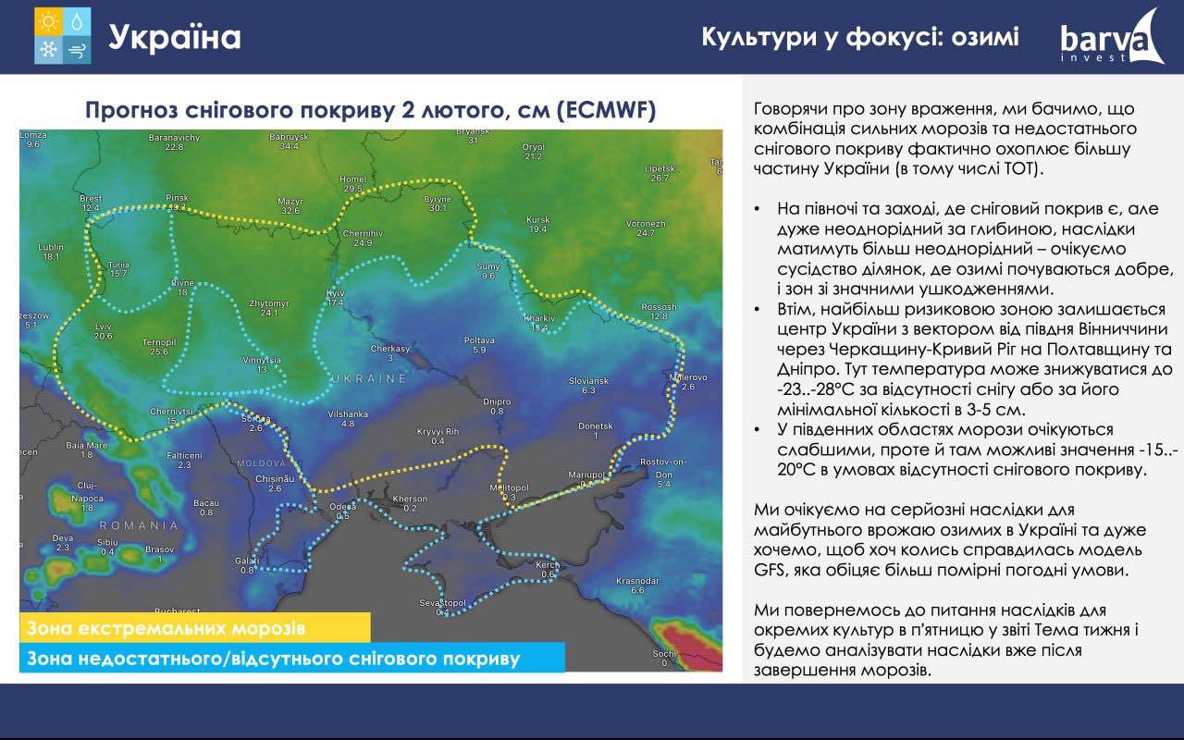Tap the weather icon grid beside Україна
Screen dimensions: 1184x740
[x=62, y=36]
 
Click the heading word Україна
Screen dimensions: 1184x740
[x=175, y=38]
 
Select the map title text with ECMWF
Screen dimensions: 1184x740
[x=371, y=110]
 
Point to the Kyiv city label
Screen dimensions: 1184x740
[x=336, y=293]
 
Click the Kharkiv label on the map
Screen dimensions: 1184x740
[x=539, y=318]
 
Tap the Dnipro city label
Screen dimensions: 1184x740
[x=497, y=401]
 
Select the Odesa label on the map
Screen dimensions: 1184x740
[x=342, y=506]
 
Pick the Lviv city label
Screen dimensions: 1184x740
[x=104, y=327]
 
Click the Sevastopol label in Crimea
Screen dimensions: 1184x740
[x=442, y=603]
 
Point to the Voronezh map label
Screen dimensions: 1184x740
[x=646, y=224]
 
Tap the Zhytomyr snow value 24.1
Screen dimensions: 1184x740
[x=269, y=313]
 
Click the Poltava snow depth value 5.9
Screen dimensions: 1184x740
[x=479, y=350]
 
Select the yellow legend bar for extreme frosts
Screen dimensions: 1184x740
[x=195, y=627]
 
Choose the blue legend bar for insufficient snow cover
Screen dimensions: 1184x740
[x=292, y=658]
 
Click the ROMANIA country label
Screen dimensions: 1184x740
[x=139, y=525]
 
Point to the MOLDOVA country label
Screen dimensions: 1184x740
[x=261, y=463]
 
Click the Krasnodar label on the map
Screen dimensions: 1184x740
[x=637, y=581]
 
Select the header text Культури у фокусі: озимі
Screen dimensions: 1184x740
[x=860, y=37]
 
